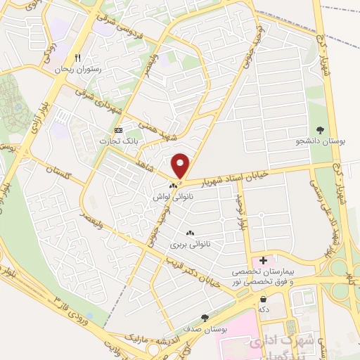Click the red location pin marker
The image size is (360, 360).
[x=181, y=166]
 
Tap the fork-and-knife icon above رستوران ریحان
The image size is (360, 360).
[x=79, y=59]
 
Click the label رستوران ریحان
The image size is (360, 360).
[x=79, y=70]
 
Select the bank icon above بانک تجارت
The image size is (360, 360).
[x=118, y=130]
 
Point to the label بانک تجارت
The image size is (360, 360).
[x=117, y=141]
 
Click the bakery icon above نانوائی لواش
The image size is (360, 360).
[x=173, y=186]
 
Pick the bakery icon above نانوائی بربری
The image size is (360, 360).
[x=188, y=233]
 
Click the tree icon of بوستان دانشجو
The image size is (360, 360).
[x=321, y=129]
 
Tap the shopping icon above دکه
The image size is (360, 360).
[x=263, y=298]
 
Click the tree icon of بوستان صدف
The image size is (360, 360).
[x=205, y=317]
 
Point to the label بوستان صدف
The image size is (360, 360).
[x=205, y=328]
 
